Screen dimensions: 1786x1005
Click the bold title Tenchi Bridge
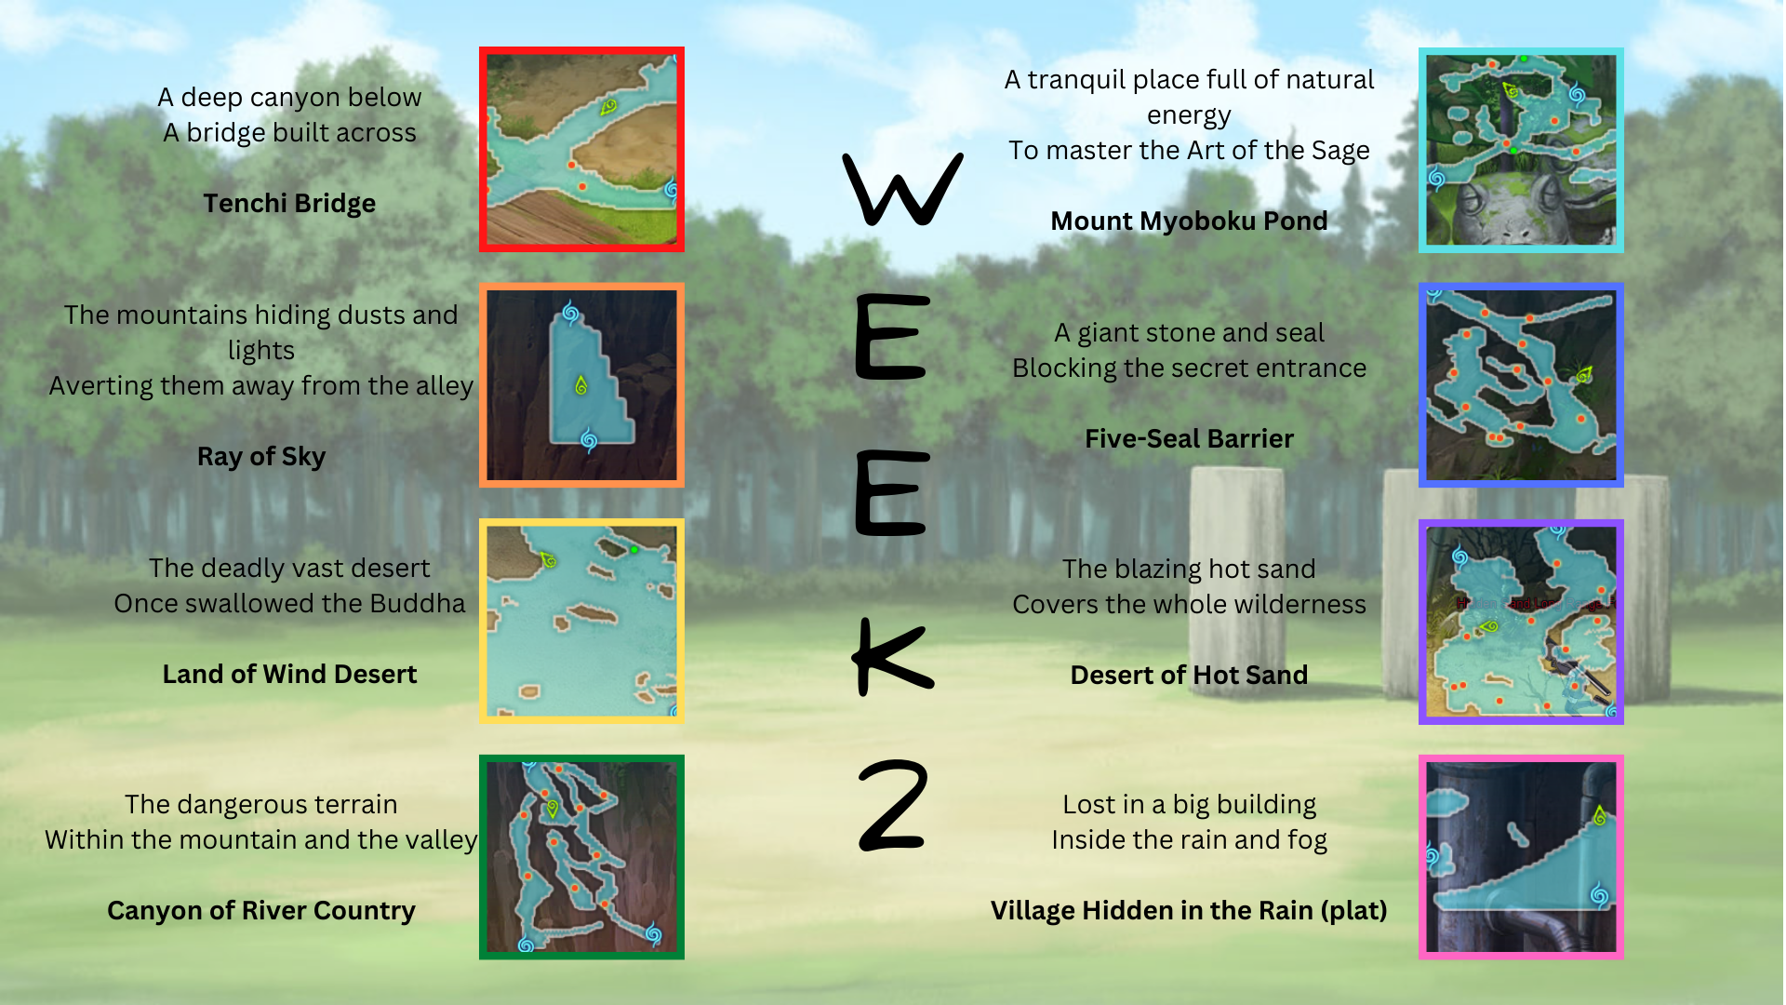[289, 204]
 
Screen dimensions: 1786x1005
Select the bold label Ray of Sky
[261, 457]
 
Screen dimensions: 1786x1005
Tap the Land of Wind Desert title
[289, 674]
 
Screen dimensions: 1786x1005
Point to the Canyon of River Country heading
[261, 910]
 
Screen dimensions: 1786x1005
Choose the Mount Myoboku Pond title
[1189, 221]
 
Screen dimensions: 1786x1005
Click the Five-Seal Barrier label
[1189, 438]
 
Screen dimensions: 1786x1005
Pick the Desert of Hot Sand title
[1189, 675]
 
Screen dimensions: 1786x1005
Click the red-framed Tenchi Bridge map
[581, 149]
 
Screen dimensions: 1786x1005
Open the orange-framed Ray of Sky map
[581, 385]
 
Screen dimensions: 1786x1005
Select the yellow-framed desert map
[581, 621]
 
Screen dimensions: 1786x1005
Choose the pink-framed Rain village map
[1521, 857]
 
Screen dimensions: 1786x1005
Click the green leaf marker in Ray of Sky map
[581, 384]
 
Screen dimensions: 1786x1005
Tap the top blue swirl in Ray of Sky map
[570, 313]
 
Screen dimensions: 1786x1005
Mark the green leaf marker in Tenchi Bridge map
[608, 107]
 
